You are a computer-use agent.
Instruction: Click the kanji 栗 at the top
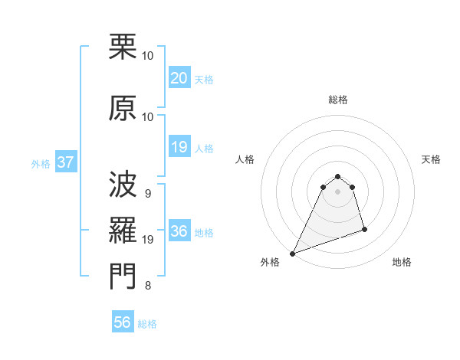[123, 47]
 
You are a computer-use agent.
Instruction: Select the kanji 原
[123, 108]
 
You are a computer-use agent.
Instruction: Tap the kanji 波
[123, 184]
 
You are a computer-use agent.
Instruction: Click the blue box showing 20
[179, 77]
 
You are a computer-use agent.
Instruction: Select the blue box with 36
[179, 231]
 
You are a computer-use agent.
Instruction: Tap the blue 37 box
[65, 162]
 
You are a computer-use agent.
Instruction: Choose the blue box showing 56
[122, 322]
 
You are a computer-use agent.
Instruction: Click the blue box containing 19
[179, 147]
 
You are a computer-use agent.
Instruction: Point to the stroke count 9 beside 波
[147, 193]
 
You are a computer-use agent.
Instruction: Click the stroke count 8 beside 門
[147, 286]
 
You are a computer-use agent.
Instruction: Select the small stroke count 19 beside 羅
[149, 240]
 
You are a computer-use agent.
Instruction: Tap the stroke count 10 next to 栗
[148, 56]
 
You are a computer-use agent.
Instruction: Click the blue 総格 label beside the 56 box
[147, 324]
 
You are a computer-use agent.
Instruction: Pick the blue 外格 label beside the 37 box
[41, 163]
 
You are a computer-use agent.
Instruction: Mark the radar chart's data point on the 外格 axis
[292, 254]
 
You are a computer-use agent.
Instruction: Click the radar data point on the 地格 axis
[364, 229]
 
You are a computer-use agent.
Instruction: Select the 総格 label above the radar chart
[337, 100]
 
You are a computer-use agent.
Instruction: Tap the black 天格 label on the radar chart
[431, 159]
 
